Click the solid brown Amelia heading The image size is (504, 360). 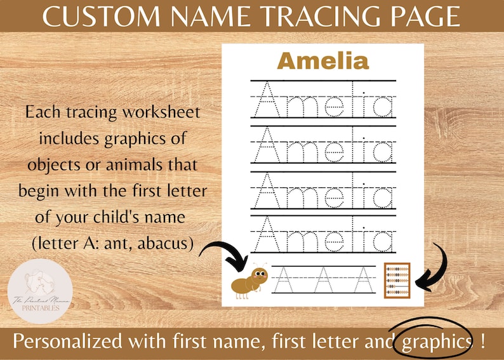pyautogui.click(x=323, y=62)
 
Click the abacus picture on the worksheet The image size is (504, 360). pyautogui.click(x=397, y=280)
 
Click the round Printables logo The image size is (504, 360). pyautogui.click(x=40, y=293)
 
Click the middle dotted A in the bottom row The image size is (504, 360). pyautogui.click(x=324, y=279)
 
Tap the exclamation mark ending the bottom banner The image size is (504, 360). pyautogui.click(x=484, y=342)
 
